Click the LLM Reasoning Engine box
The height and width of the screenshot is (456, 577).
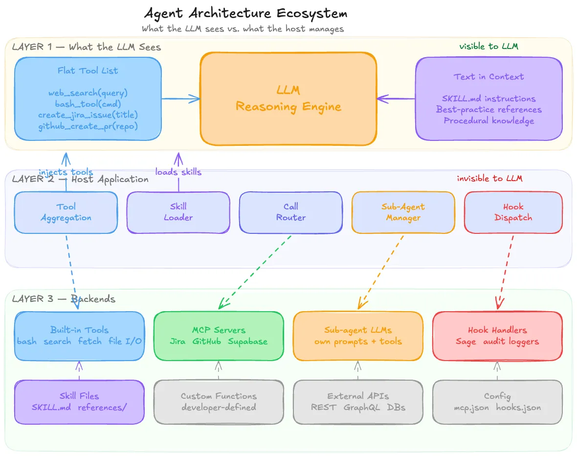pyautogui.click(x=288, y=99)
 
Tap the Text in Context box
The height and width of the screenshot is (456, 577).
pyautogui.click(x=488, y=99)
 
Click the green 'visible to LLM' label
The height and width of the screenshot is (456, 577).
pyautogui.click(x=488, y=46)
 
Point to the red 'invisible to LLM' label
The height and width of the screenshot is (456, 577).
pyautogui.click(x=489, y=179)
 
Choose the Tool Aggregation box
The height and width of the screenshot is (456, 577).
pyautogui.click(x=66, y=212)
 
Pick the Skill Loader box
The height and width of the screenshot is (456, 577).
pyautogui.click(x=178, y=212)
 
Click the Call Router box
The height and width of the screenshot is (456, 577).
pyautogui.click(x=290, y=212)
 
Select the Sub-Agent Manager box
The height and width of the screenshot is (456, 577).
pyautogui.click(x=403, y=212)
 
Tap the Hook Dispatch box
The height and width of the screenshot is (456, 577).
pyautogui.click(x=513, y=212)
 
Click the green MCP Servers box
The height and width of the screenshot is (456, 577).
pyautogui.click(x=219, y=336)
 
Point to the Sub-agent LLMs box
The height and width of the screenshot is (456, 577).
pyautogui.click(x=358, y=336)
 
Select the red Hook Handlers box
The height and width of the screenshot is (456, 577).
pyautogui.click(x=497, y=336)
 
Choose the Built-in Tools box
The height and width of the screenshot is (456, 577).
pyautogui.click(x=79, y=336)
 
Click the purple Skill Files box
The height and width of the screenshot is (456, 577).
pyautogui.click(x=79, y=402)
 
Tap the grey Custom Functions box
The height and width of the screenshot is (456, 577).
pyautogui.click(x=219, y=402)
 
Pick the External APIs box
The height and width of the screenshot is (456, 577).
pyautogui.click(x=358, y=402)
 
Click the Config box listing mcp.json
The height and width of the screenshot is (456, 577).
pyautogui.click(x=497, y=402)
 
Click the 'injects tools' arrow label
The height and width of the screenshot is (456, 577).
pyautogui.click(x=66, y=172)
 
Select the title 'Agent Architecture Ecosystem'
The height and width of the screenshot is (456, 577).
pyautogui.click(x=246, y=13)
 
